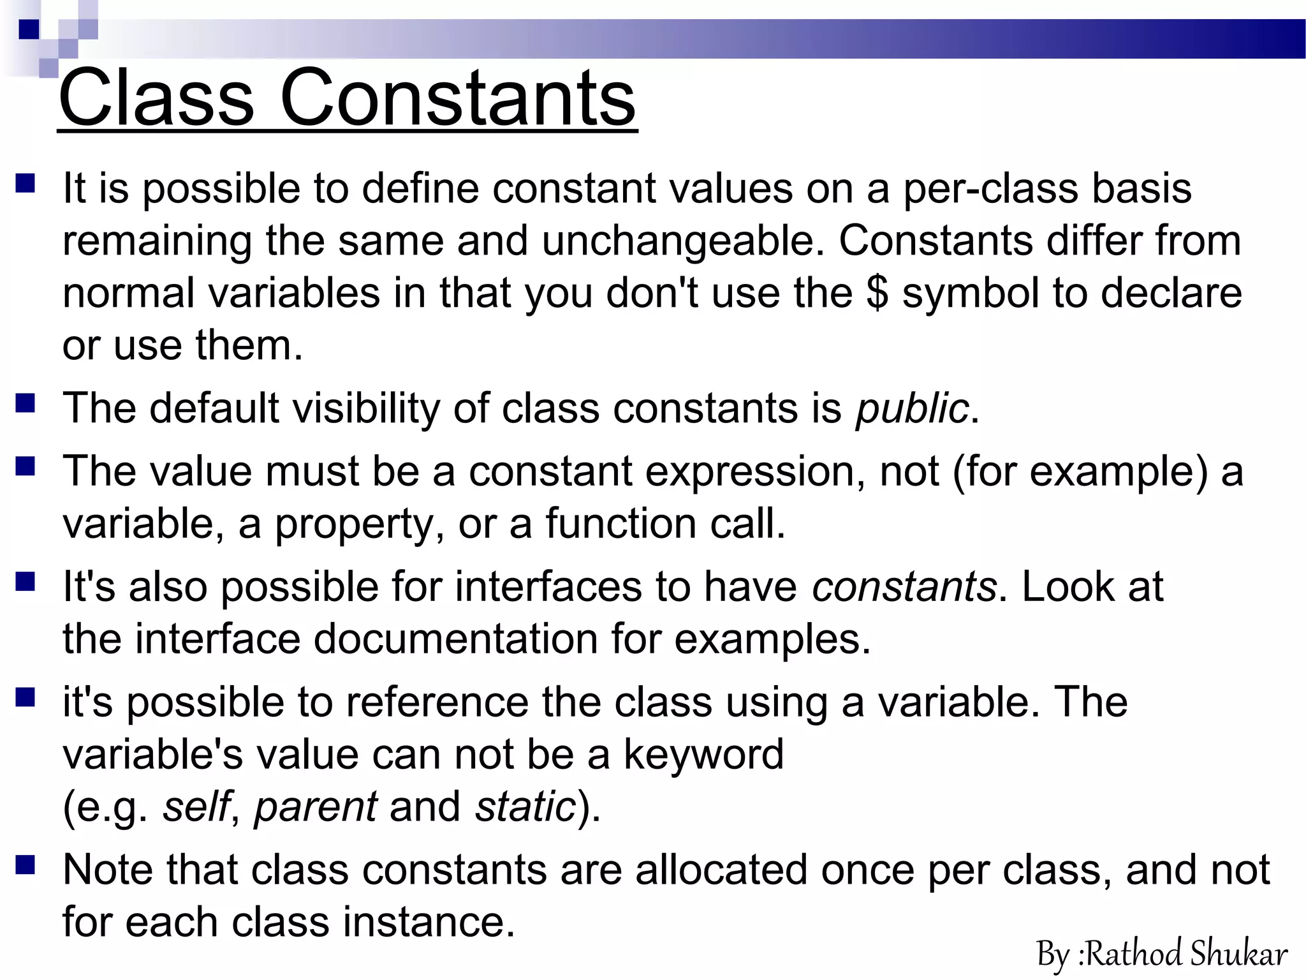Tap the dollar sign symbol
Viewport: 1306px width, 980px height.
[877, 293]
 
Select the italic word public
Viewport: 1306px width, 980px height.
[912, 408]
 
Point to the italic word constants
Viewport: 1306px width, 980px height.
[904, 586]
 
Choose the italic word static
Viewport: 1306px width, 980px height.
[525, 806]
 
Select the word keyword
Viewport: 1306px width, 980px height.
[703, 755]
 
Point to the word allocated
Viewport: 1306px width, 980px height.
[721, 870]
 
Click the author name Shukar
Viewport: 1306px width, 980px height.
[1238, 955]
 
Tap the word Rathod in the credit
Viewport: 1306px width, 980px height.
[1134, 955]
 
